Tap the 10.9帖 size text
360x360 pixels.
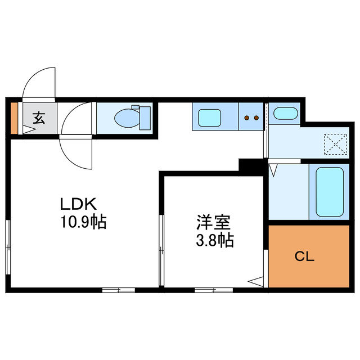[83, 222]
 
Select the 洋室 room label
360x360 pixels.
[213, 222]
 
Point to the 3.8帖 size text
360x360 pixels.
[215, 241]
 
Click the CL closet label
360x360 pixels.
[305, 257]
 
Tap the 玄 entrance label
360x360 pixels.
[39, 119]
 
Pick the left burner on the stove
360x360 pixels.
[246, 119]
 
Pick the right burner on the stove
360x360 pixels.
[256, 119]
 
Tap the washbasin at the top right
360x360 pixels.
[285, 114]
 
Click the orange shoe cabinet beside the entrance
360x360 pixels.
[15, 119]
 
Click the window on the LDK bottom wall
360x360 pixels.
[119, 290]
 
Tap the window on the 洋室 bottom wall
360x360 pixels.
[214, 290]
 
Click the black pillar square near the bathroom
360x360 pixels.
[250, 166]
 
